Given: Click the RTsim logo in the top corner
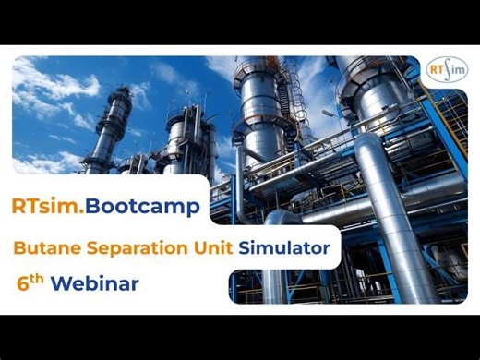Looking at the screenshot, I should tap(448, 71).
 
